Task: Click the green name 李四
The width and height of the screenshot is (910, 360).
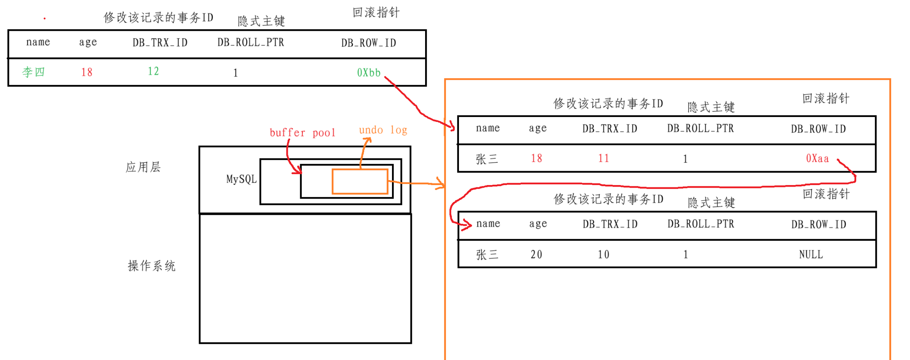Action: click(x=33, y=72)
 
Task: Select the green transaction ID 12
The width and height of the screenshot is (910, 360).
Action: click(x=153, y=71)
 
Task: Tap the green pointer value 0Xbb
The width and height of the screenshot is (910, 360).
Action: click(x=369, y=73)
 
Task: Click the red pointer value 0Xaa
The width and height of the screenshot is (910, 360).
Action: click(x=817, y=158)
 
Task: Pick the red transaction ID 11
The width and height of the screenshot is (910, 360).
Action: click(x=603, y=158)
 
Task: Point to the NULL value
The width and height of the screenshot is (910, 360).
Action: click(x=811, y=255)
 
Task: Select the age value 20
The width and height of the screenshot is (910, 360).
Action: click(x=536, y=255)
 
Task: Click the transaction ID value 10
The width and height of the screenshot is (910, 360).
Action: click(x=603, y=255)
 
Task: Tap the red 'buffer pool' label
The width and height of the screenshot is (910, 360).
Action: click(x=302, y=133)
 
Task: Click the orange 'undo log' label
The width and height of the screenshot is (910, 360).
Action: click(x=383, y=130)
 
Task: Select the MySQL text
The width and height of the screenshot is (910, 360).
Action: click(x=242, y=179)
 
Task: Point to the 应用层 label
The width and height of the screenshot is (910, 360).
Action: click(x=143, y=167)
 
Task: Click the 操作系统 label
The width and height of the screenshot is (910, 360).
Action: click(x=152, y=266)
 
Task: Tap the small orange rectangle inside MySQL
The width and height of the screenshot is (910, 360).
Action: click(x=360, y=182)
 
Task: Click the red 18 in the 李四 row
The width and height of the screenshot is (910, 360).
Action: click(x=87, y=72)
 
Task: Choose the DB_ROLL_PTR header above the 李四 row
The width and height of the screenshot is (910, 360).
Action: click(x=251, y=43)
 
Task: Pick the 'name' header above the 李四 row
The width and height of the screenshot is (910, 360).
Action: click(x=38, y=42)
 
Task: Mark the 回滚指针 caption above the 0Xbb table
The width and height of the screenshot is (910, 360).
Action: click(x=376, y=13)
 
